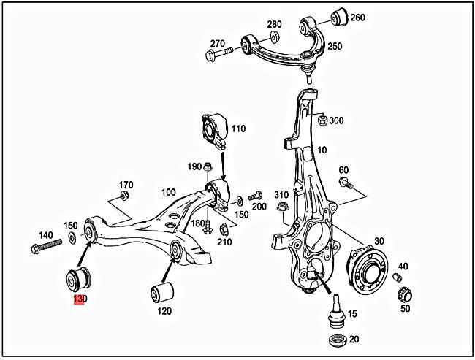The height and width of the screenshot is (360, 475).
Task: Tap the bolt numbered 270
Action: [220, 53]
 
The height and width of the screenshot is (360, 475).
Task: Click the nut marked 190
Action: [209, 166]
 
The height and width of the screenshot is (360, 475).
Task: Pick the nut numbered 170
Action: [123, 196]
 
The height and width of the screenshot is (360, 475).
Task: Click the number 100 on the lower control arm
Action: [168, 192]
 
